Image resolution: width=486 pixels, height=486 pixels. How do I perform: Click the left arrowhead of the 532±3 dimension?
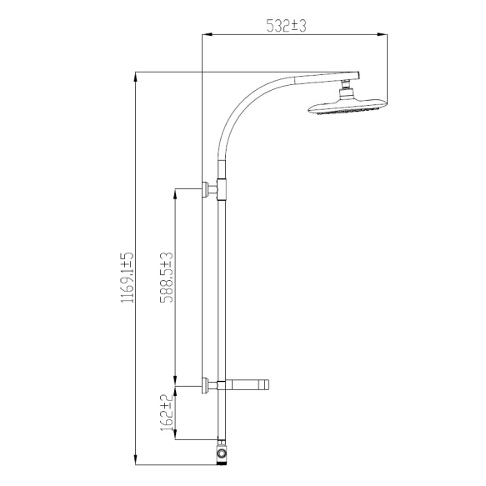click(208, 35)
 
